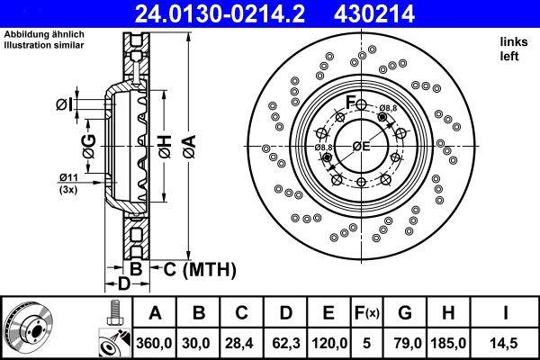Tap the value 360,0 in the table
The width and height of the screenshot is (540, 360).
click(153, 342)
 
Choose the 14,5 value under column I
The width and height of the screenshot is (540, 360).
click(508, 342)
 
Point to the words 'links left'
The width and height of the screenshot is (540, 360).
click(512, 49)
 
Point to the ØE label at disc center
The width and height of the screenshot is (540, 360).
click(362, 146)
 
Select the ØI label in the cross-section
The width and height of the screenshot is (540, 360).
click(64, 105)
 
